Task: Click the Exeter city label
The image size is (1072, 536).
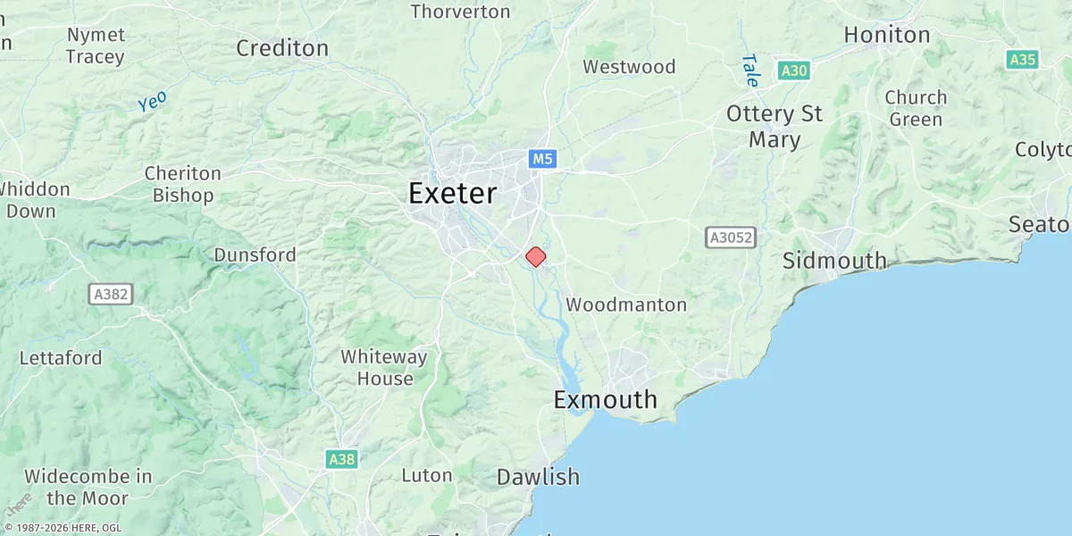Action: click(452, 194)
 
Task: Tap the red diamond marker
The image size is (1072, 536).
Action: click(535, 256)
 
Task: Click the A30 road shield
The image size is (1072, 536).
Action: click(792, 71)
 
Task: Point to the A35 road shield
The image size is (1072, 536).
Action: click(1022, 60)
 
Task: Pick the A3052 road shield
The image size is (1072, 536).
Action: click(731, 238)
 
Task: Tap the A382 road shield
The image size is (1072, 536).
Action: click(112, 293)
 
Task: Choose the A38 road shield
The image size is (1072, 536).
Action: click(341, 459)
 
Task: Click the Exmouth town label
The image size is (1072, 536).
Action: click(605, 399)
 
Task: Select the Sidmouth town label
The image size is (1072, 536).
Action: click(834, 261)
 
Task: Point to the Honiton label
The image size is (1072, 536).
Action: click(887, 35)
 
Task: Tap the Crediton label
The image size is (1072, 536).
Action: click(282, 47)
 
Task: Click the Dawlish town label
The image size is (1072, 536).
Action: click(538, 477)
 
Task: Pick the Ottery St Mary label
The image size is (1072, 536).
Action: click(774, 127)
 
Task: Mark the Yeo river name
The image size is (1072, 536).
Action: click(152, 102)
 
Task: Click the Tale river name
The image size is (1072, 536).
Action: click(750, 71)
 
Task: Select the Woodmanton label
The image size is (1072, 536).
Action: click(626, 305)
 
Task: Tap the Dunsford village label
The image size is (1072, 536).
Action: click(255, 255)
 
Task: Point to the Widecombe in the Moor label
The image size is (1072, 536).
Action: click(88, 487)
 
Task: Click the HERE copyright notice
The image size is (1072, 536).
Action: click(63, 528)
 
